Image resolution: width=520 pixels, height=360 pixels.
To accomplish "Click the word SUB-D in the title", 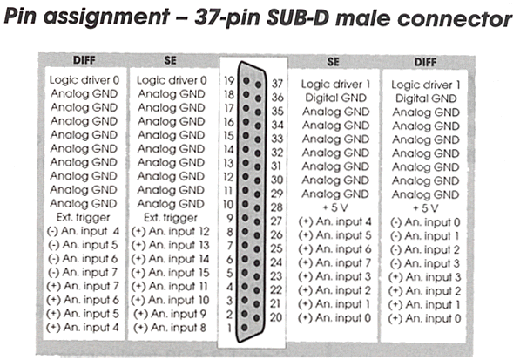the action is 298,17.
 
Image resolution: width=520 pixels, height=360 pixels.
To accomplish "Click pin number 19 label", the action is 229,80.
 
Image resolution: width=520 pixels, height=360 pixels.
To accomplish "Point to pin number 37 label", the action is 277,84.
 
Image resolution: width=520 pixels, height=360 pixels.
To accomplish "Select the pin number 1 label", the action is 229,328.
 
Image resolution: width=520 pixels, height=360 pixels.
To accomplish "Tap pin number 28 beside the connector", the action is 276,207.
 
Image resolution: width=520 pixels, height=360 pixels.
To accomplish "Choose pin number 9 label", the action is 230,218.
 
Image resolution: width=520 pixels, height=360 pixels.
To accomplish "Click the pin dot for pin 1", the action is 245,328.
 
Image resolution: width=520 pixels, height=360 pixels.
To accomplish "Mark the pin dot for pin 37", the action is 259,85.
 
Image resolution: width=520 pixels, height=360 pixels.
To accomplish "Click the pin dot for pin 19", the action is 246,80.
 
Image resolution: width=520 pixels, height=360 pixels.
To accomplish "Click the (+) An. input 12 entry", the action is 171,232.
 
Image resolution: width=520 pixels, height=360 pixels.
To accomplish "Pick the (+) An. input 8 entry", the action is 170,328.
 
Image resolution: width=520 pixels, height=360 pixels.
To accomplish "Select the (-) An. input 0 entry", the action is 425,222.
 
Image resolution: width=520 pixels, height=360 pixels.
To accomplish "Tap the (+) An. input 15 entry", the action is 171,273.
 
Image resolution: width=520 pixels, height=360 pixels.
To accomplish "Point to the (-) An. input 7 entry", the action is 83,273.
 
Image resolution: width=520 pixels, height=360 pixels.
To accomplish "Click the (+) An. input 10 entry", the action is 170,300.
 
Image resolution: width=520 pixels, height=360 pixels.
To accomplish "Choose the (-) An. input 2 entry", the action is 425,249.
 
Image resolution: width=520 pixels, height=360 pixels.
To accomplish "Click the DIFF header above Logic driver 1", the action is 425,62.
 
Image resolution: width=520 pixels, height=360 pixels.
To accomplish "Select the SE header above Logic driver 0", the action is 170,60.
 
